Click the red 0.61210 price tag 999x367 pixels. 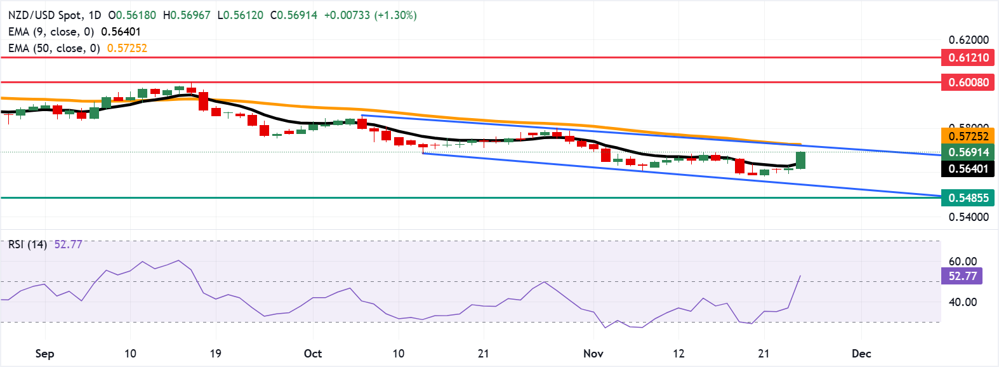pos(969,58)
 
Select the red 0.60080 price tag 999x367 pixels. pos(969,83)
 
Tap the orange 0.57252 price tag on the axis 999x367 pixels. pos(969,136)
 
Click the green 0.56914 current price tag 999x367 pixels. pos(969,152)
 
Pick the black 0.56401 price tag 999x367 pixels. pos(969,169)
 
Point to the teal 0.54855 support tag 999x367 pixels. pos(969,198)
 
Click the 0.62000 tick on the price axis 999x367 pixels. pos(969,40)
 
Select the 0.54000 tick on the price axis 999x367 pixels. pos(969,217)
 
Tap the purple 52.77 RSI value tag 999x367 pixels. pos(962,276)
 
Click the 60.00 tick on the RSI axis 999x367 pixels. pos(962,262)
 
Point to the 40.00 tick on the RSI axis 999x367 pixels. pos(962,302)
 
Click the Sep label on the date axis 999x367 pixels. pos(44,354)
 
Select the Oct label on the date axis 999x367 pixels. pos(313,354)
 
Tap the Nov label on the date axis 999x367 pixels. pos(593,354)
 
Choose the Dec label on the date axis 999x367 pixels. pos(861,354)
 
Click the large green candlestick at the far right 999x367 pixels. pos(801,160)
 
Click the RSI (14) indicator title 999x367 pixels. pos(27,244)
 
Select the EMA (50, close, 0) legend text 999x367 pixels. pos(54,48)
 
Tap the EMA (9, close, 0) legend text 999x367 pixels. pos(51,32)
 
